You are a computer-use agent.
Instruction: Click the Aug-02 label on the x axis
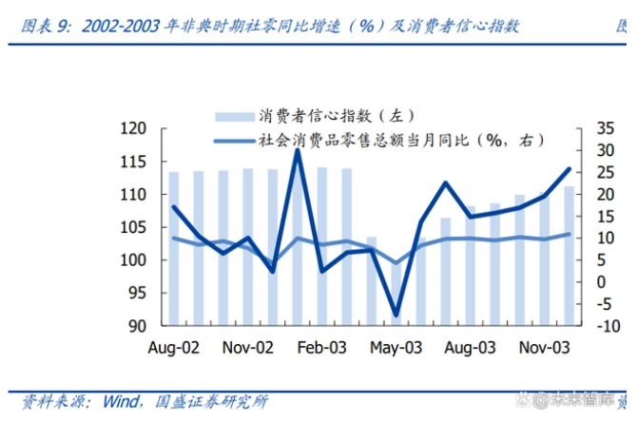174,348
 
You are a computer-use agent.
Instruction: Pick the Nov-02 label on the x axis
248,348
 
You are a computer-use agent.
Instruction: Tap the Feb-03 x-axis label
322,348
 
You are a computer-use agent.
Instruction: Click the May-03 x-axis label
396,348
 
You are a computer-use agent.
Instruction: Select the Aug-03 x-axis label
471,348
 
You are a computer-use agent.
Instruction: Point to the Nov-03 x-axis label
545,348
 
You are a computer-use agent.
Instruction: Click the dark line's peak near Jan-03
297,150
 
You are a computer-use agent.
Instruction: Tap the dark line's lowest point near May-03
396,315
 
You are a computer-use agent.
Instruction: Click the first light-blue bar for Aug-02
174,247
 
